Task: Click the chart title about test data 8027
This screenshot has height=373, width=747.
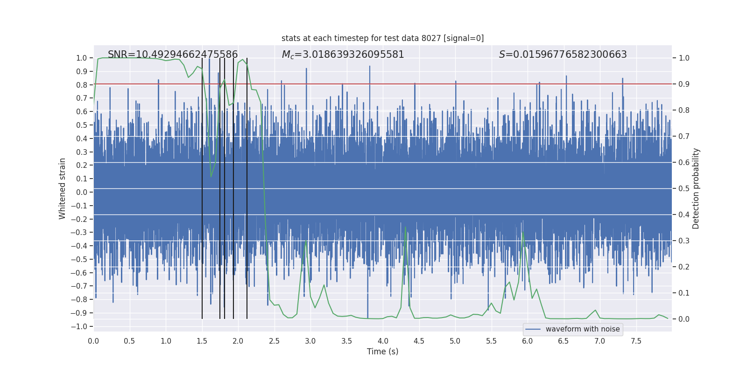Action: tap(382, 38)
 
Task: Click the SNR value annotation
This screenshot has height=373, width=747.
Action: tap(173, 55)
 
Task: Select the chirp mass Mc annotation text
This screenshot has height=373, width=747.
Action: tap(343, 55)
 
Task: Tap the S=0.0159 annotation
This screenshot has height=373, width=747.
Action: tap(563, 55)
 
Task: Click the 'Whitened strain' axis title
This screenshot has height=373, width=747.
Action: tap(62, 188)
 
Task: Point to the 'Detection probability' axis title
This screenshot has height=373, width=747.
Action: tap(696, 188)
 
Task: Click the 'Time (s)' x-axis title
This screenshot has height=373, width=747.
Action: tap(382, 352)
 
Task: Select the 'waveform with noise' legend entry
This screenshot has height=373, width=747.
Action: tap(582, 329)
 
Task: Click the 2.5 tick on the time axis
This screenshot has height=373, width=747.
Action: tap(274, 341)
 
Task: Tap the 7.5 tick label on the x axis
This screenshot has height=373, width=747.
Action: tap(636, 341)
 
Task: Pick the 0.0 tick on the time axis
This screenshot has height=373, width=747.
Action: tap(93, 341)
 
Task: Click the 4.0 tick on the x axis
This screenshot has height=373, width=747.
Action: tap(383, 341)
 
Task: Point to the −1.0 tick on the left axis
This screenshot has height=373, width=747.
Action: tap(79, 326)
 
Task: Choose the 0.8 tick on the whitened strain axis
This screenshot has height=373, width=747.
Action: tap(81, 85)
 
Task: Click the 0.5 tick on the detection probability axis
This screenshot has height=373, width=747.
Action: tap(684, 188)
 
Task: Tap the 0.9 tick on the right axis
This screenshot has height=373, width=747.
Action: tap(684, 84)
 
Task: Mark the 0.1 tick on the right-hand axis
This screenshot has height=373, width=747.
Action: tap(684, 293)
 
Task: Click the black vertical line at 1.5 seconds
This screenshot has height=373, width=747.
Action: tap(202, 186)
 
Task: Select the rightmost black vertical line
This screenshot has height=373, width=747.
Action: tap(247, 186)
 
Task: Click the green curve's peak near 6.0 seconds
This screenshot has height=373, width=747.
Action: tap(523, 233)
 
